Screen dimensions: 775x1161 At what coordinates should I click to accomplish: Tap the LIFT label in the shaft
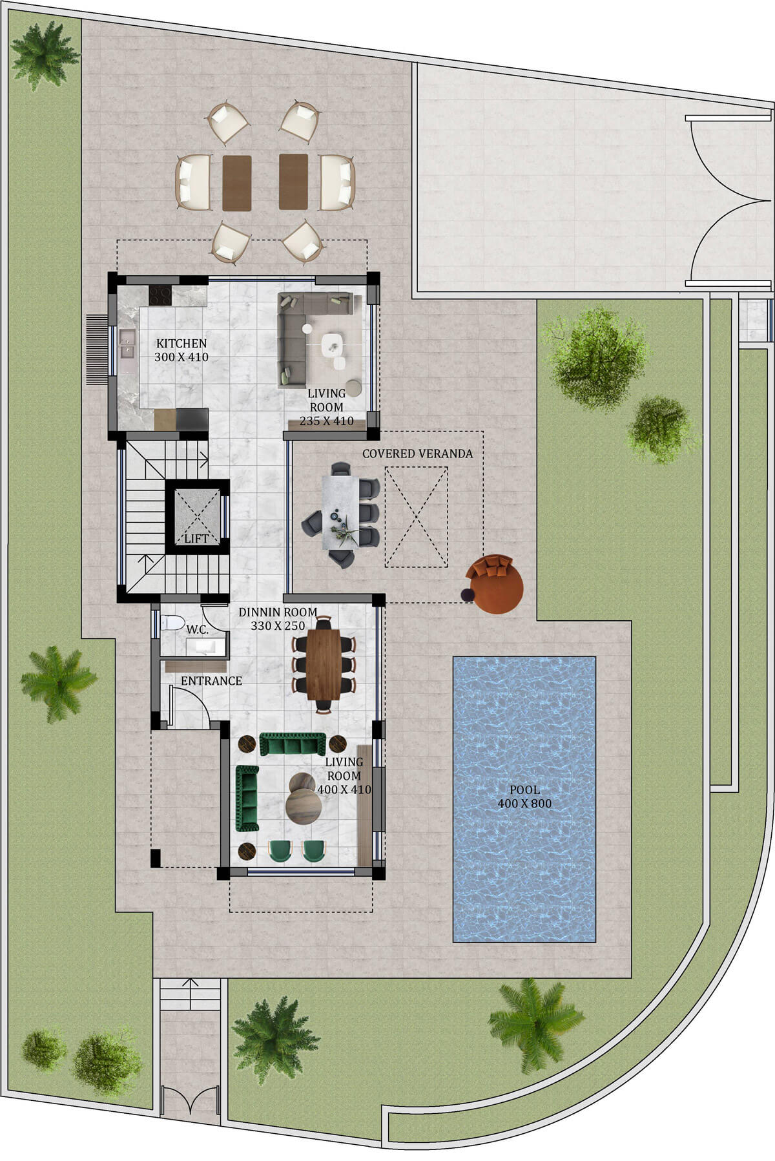[x=196, y=538]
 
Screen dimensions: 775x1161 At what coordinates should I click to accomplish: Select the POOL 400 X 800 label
[x=524, y=797]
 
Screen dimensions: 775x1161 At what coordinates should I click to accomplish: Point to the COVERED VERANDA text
[x=417, y=454]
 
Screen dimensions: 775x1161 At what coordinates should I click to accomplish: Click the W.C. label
[x=197, y=629]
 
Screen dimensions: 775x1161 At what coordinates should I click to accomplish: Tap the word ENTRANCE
[x=211, y=681]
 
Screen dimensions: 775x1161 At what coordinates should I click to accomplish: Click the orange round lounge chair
[x=496, y=583]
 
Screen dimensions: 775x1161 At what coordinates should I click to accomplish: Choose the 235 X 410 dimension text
[x=327, y=421]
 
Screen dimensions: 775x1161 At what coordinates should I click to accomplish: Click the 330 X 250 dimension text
[x=278, y=625]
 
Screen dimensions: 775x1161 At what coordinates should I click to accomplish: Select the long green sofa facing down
[x=293, y=744]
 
